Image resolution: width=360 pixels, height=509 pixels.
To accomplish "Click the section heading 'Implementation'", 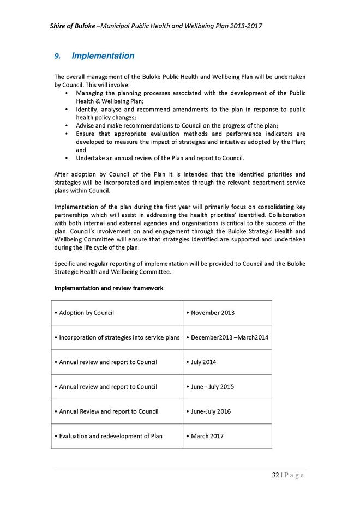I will point(103,56).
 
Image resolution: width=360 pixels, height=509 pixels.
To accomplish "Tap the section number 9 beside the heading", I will point(57,56).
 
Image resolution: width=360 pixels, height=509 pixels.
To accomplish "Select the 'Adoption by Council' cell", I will point(86,313).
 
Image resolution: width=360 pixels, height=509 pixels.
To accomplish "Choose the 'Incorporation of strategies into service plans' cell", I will point(117,337).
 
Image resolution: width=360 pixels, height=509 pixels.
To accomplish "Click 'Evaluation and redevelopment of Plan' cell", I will point(108,436).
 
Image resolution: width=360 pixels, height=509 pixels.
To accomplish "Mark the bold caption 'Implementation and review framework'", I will point(109,288).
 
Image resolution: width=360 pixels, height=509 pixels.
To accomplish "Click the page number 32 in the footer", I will point(276,475).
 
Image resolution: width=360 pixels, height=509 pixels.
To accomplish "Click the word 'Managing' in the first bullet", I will point(89,93).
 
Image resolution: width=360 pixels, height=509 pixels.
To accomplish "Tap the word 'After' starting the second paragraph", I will point(61,174).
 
